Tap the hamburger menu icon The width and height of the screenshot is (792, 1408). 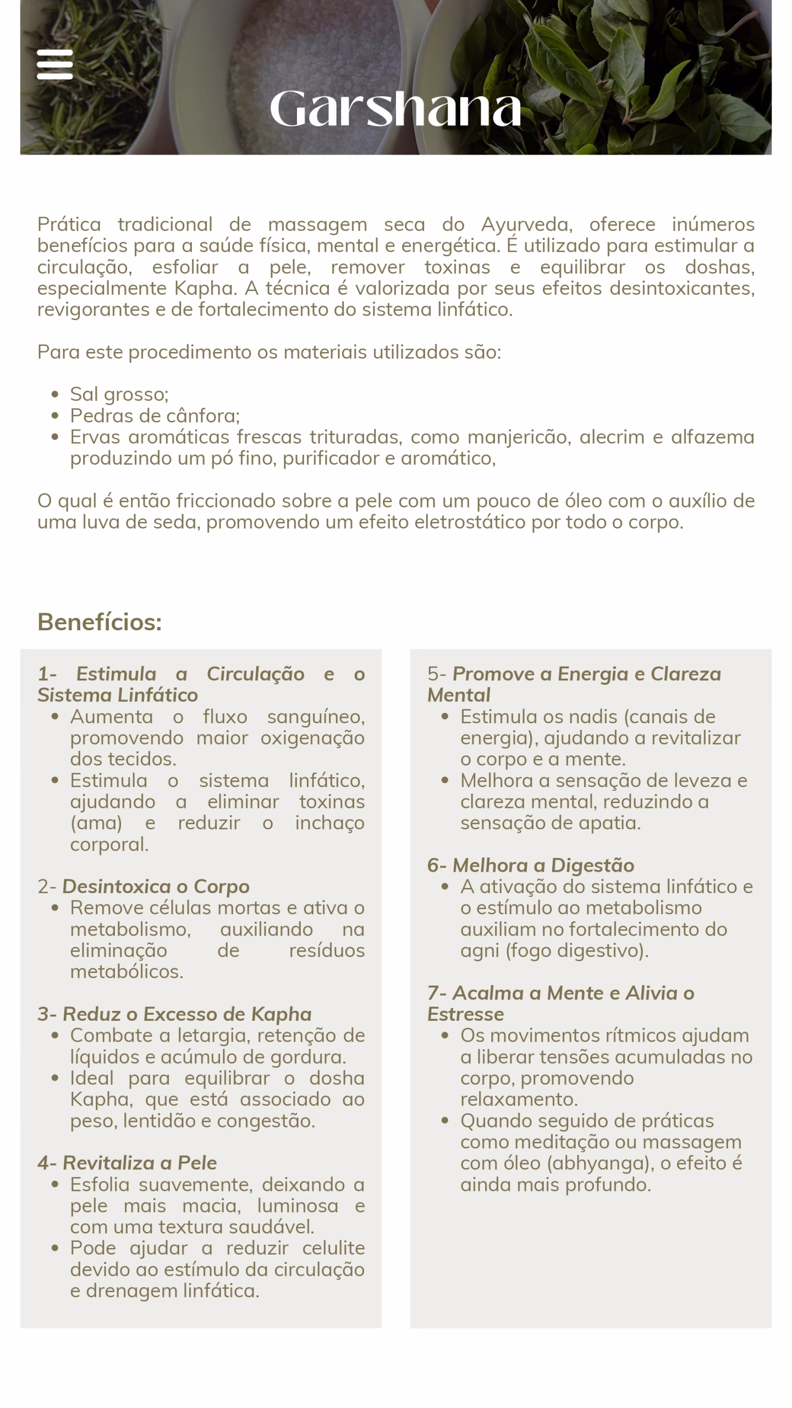pyautogui.click(x=54, y=64)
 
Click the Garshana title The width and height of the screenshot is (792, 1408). pyautogui.click(x=395, y=108)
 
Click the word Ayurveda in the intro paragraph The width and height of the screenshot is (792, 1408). pyautogui.click(x=526, y=224)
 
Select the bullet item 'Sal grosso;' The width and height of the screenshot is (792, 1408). pyautogui.click(x=119, y=394)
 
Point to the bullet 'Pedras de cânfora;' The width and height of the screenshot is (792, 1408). pyautogui.click(x=155, y=416)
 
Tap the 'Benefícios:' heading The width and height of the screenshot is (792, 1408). pyautogui.click(x=100, y=622)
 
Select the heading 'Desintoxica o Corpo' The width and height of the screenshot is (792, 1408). pyautogui.click(x=156, y=887)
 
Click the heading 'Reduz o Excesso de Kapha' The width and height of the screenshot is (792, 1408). pyautogui.click(x=187, y=1014)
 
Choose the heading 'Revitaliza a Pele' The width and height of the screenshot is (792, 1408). pyautogui.click(x=140, y=1163)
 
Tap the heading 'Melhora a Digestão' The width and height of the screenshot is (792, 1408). pyautogui.click(x=543, y=865)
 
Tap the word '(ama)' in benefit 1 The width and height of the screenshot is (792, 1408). pyautogui.click(x=96, y=823)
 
